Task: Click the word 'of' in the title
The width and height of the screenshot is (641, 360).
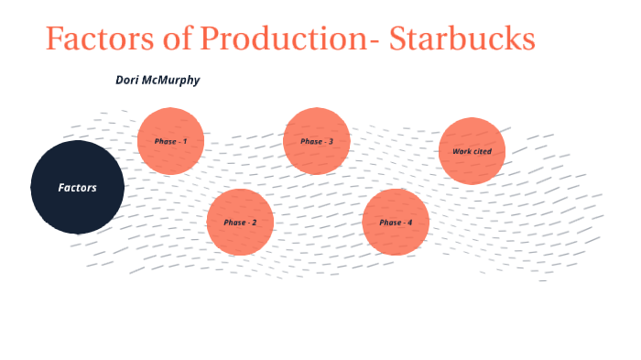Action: (179, 39)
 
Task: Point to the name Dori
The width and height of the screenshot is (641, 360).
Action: (129, 81)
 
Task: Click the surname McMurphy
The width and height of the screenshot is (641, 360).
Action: (173, 81)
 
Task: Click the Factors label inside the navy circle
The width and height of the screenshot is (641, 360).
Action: (77, 188)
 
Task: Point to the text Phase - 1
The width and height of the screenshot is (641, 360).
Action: (170, 142)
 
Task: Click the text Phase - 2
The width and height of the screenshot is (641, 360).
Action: (240, 223)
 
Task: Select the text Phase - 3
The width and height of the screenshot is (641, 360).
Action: (317, 142)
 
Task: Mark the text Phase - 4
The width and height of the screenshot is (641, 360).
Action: (396, 223)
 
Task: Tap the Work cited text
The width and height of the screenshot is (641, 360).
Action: (473, 151)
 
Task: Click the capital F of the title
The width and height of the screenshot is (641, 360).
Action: (55, 39)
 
